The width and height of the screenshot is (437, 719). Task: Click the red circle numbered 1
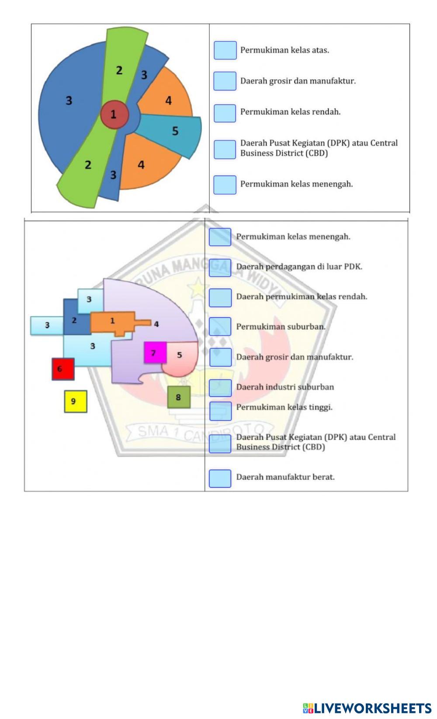[x=114, y=114]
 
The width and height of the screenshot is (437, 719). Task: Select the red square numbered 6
[x=63, y=369]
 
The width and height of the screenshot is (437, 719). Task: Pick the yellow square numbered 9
[x=76, y=401]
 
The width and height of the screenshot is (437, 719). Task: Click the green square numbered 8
[x=179, y=397]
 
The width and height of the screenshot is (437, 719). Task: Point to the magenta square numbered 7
[x=155, y=353]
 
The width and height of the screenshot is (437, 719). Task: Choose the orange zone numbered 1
[x=116, y=323]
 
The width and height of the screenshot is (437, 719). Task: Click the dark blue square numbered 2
[x=76, y=317]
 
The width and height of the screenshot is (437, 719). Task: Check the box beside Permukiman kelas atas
[x=225, y=50]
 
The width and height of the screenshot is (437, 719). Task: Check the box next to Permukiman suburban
[x=220, y=327]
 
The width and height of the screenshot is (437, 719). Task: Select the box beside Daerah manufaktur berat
[x=220, y=478]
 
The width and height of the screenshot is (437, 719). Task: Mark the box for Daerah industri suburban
[x=220, y=388]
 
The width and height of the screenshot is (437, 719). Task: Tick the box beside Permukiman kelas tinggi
[x=220, y=411]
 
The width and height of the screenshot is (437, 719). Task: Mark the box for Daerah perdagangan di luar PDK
[x=220, y=268]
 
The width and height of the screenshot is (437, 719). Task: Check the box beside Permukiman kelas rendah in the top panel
[x=225, y=114]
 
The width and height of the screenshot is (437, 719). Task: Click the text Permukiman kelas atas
[x=284, y=50]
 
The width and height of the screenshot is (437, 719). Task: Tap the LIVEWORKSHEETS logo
[x=367, y=708]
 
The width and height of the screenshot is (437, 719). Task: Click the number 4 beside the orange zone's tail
[x=156, y=324]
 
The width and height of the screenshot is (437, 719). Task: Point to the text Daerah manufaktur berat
[x=285, y=477]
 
